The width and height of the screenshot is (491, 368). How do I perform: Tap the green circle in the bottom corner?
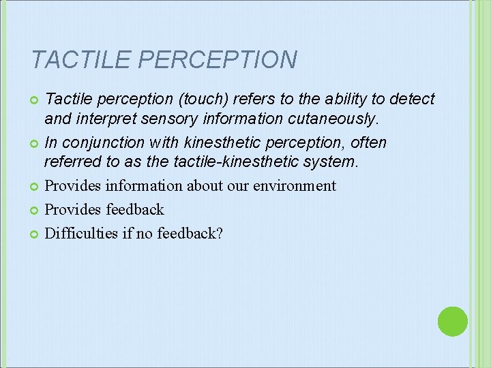(x=452, y=321)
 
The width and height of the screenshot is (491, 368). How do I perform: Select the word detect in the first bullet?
(x=412, y=99)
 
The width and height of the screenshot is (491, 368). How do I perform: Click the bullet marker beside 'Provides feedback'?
(x=34, y=211)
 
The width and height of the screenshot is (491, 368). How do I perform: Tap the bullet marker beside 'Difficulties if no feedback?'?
(x=34, y=234)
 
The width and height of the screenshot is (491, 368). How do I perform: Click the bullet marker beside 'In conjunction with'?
(x=34, y=144)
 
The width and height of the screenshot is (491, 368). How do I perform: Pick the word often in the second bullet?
(x=369, y=143)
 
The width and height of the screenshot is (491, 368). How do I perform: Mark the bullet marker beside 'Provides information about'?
(x=34, y=187)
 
